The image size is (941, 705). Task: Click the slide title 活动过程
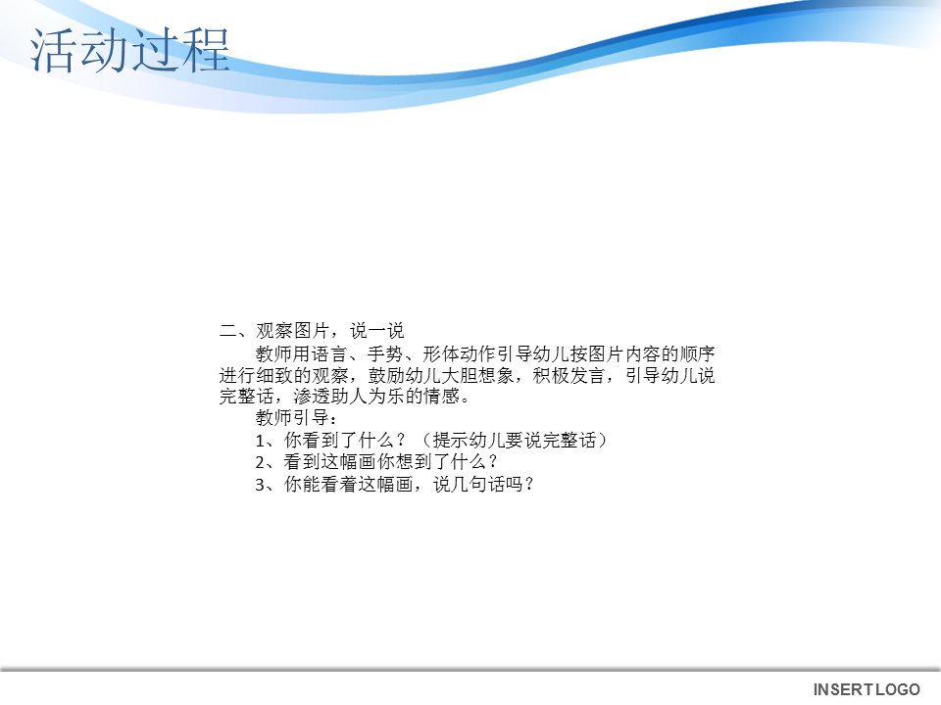click(130, 51)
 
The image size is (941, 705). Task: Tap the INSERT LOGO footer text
click(867, 690)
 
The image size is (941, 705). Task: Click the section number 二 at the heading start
click(226, 331)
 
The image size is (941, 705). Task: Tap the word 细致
click(277, 375)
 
